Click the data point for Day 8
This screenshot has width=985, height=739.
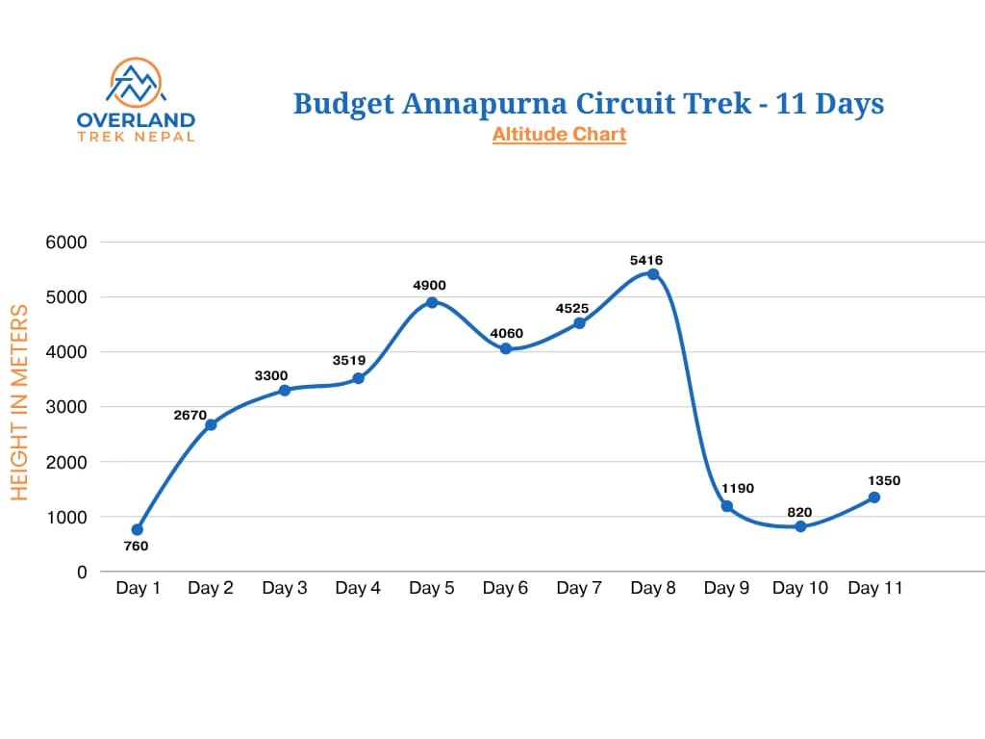coord(653,274)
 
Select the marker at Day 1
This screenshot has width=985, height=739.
coord(138,529)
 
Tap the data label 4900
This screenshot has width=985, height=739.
coord(429,285)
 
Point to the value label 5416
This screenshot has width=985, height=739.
coord(646,260)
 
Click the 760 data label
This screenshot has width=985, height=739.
coord(137,547)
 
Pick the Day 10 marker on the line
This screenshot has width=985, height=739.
coord(800,526)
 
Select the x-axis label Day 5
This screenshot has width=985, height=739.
coord(432,588)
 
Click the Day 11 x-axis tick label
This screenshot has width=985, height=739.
coord(874,588)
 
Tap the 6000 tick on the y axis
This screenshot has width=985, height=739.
coord(66,242)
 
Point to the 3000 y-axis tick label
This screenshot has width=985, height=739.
coord(66,407)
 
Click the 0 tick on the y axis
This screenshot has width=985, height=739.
coord(82,572)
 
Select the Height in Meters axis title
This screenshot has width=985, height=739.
coord(20,401)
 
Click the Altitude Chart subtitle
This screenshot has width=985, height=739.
coord(559,135)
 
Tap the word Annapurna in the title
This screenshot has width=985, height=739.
coord(482,103)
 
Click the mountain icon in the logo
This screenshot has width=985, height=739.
coord(136,84)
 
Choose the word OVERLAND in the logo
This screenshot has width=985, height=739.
coord(136,120)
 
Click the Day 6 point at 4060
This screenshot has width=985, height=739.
coord(506,348)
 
